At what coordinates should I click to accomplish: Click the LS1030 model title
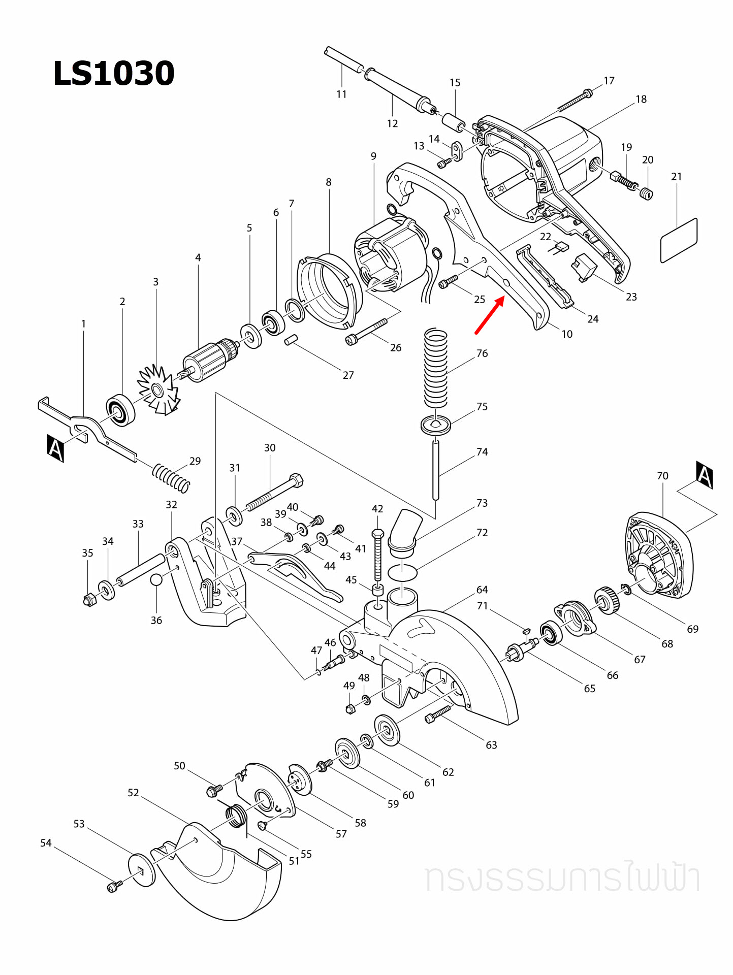[x=114, y=73]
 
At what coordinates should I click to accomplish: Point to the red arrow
[x=490, y=315]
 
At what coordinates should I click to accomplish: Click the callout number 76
[x=482, y=353]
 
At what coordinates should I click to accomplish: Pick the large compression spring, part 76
[x=436, y=368]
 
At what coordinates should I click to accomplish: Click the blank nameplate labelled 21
[x=679, y=241]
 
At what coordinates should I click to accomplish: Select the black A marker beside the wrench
[x=55, y=448]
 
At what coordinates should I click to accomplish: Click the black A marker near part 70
[x=705, y=475]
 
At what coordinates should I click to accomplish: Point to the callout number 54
[x=46, y=843]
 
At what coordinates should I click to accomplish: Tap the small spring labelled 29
[x=171, y=478]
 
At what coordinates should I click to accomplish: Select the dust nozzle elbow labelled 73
[x=405, y=531]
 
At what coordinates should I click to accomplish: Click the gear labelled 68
[x=607, y=600]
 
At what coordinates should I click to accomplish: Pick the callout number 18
[x=641, y=100]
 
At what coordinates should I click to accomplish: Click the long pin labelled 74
[x=436, y=470]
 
